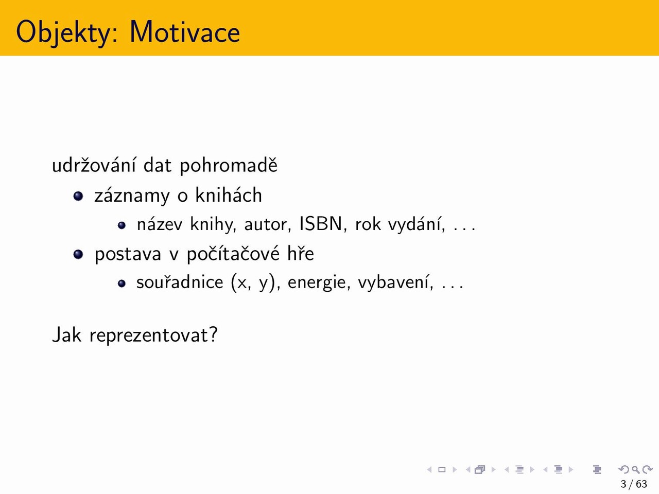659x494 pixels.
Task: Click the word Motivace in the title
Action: [x=185, y=32]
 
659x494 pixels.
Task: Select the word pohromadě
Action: [x=229, y=165]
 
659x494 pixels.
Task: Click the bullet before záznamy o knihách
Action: [x=78, y=196]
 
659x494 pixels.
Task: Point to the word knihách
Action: [x=229, y=195]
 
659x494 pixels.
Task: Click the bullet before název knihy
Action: [x=122, y=225]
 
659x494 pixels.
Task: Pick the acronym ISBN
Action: [x=321, y=224]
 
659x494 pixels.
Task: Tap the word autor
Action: [x=268, y=225]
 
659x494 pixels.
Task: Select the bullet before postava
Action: [x=78, y=254]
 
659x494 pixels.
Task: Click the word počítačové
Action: [x=233, y=254]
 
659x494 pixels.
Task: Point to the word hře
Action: [x=301, y=253]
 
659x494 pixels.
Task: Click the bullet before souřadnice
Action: [x=122, y=284]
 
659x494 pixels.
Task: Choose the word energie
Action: [x=319, y=283]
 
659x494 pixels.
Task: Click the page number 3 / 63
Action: [x=633, y=484]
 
